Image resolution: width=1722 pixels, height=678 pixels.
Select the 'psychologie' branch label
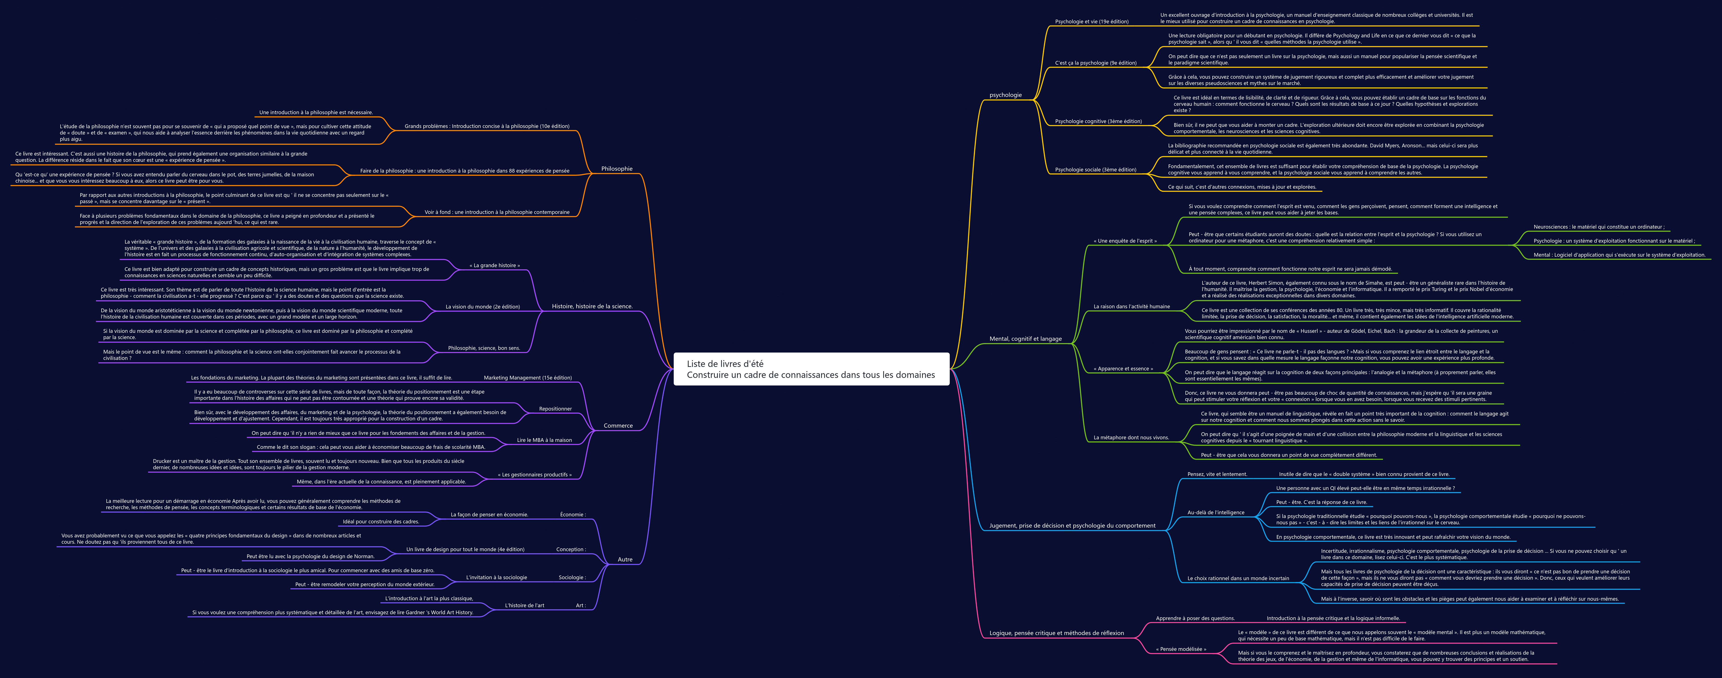[x=1005, y=95]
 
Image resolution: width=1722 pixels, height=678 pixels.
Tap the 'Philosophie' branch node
[x=616, y=168]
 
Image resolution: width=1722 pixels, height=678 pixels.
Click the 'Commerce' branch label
[x=618, y=426]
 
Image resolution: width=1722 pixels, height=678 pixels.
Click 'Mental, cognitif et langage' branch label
[x=1026, y=339]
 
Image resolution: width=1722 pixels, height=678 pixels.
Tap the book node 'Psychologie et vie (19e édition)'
[x=1092, y=21]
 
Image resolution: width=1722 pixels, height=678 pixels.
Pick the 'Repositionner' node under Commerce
[x=555, y=408]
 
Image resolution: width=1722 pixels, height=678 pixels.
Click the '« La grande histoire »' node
[x=494, y=266]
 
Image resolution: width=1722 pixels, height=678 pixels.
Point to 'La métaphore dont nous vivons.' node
[x=1131, y=438]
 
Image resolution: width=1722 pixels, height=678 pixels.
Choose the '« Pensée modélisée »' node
[x=1181, y=649]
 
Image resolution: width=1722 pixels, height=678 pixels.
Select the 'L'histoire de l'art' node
[x=525, y=606]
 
